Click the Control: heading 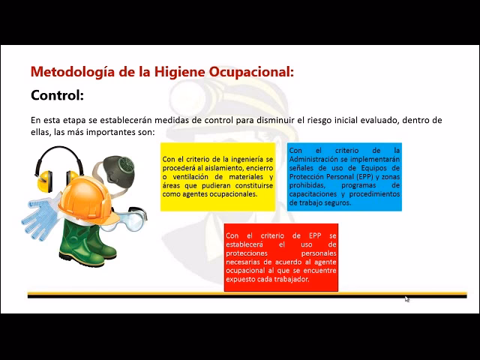click(x=57, y=96)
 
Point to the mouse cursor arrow click(x=406, y=298)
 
